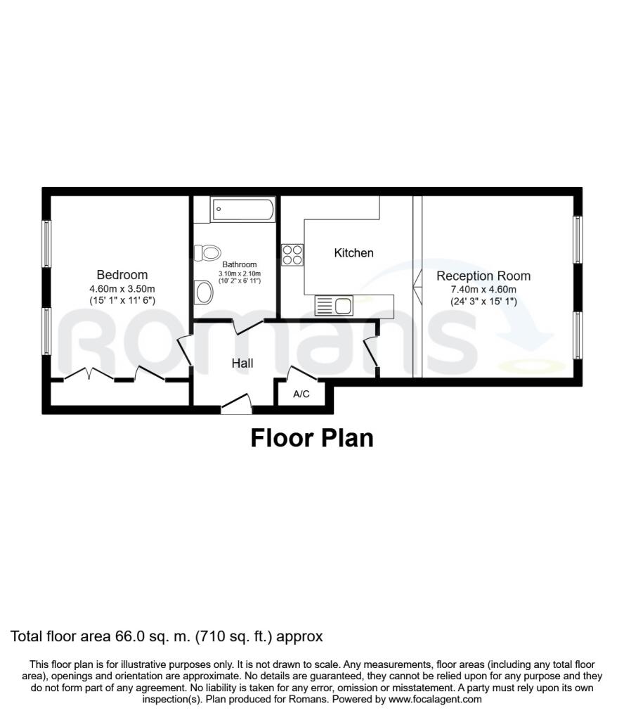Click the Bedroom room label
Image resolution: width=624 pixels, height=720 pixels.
tap(122, 275)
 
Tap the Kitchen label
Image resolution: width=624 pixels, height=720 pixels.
tap(353, 252)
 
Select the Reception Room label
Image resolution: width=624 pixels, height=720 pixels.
tap(483, 276)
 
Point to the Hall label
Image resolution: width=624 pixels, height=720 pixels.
tap(242, 364)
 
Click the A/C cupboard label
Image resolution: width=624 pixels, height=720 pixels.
tap(301, 394)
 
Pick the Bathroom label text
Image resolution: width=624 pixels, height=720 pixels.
tap(240, 264)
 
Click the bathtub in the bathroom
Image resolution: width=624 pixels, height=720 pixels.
tap(242, 210)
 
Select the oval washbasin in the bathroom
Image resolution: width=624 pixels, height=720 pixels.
tap(204, 292)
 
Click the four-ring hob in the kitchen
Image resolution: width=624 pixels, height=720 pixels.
tap(292, 255)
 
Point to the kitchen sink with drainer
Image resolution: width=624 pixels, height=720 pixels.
tap(334, 305)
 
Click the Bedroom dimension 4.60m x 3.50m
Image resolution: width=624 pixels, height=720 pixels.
tap(122, 289)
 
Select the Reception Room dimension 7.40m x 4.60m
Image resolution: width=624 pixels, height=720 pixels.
tap(483, 290)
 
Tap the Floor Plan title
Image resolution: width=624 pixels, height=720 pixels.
tap(312, 438)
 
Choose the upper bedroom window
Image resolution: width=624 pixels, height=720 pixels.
tap(46, 243)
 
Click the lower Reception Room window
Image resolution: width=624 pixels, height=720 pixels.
tap(578, 335)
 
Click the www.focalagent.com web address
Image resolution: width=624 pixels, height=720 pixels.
tap(435, 700)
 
